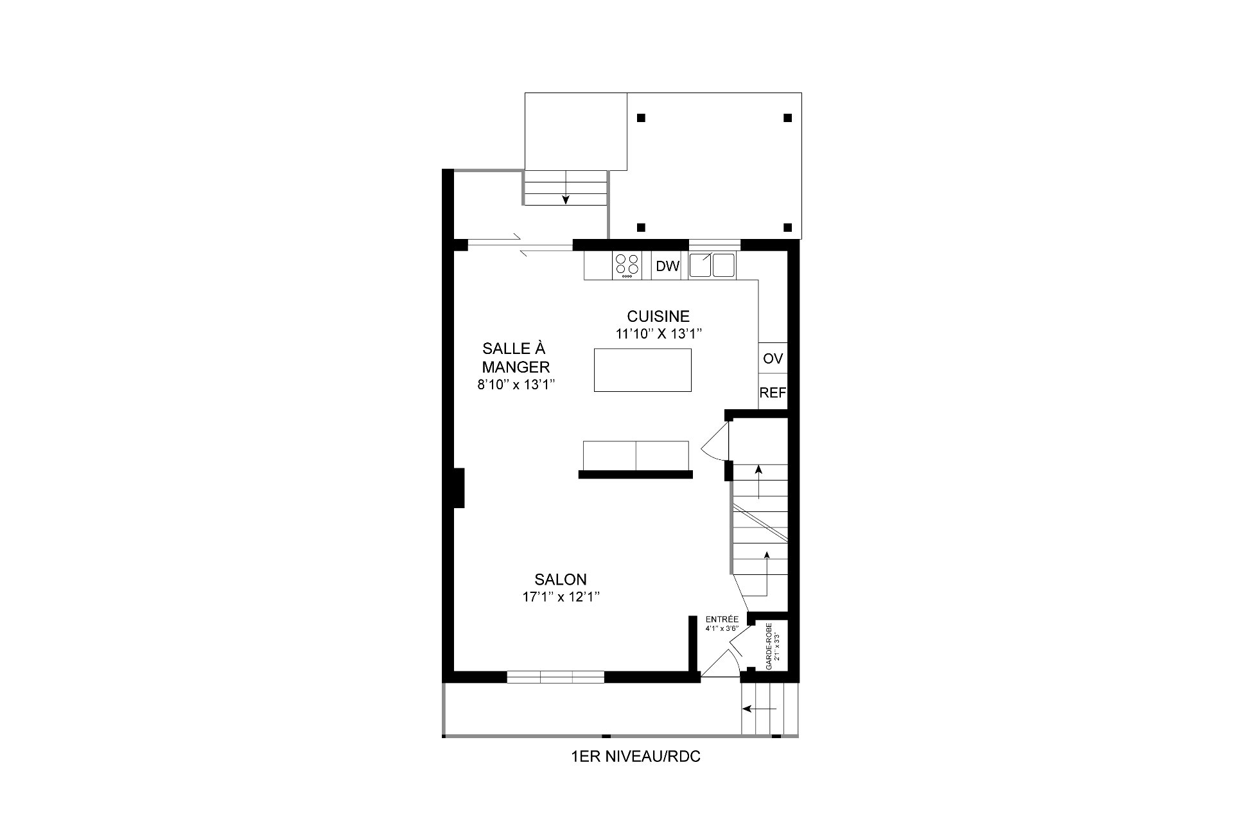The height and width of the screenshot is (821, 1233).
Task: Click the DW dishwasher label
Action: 668,267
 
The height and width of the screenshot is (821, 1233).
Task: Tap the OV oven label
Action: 773,358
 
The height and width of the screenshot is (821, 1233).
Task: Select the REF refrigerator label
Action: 773,393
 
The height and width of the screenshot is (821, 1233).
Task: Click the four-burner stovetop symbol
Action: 627,265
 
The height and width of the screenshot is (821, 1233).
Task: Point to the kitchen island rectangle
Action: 643,370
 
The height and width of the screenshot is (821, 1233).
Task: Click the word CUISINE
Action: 658,316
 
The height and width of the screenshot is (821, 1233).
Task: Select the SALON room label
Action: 561,579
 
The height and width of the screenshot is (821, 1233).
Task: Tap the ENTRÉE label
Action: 722,619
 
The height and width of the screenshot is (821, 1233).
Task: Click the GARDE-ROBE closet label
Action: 769,646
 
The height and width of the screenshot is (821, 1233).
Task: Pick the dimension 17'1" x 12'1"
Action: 561,597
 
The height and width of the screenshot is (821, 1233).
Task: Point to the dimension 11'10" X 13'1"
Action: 659,333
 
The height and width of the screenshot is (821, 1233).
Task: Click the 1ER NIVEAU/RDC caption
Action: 636,757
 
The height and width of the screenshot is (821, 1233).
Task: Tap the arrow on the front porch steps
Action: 759,709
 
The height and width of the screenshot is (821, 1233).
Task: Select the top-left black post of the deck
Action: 641,118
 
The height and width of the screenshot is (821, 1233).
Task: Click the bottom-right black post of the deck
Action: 788,227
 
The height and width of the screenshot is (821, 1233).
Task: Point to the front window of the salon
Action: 555,676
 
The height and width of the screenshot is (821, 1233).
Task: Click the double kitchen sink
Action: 712,265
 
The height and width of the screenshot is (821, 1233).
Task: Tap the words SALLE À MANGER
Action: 514,358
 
